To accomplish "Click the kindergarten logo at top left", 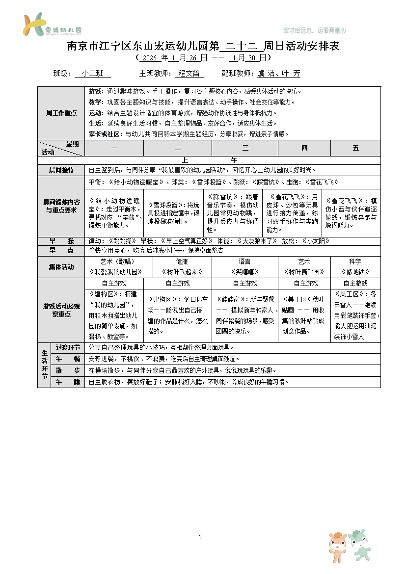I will (x=52, y=25).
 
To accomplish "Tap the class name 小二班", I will (x=93, y=74).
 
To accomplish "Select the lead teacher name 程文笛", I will (x=189, y=74).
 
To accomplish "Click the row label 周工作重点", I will (x=61, y=113).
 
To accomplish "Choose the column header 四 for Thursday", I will (x=304, y=148).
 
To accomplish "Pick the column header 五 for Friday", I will (x=355, y=148).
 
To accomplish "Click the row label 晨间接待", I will (x=61, y=170).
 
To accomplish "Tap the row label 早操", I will (x=61, y=241).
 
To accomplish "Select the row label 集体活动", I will (x=61, y=267).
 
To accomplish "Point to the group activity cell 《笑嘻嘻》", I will (x=244, y=271).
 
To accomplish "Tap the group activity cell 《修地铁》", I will (x=355, y=271).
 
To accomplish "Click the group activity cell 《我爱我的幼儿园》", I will (x=114, y=271).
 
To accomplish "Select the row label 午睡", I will (x=68, y=382).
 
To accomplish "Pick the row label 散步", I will (x=68, y=370).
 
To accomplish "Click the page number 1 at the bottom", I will (x=200, y=537).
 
